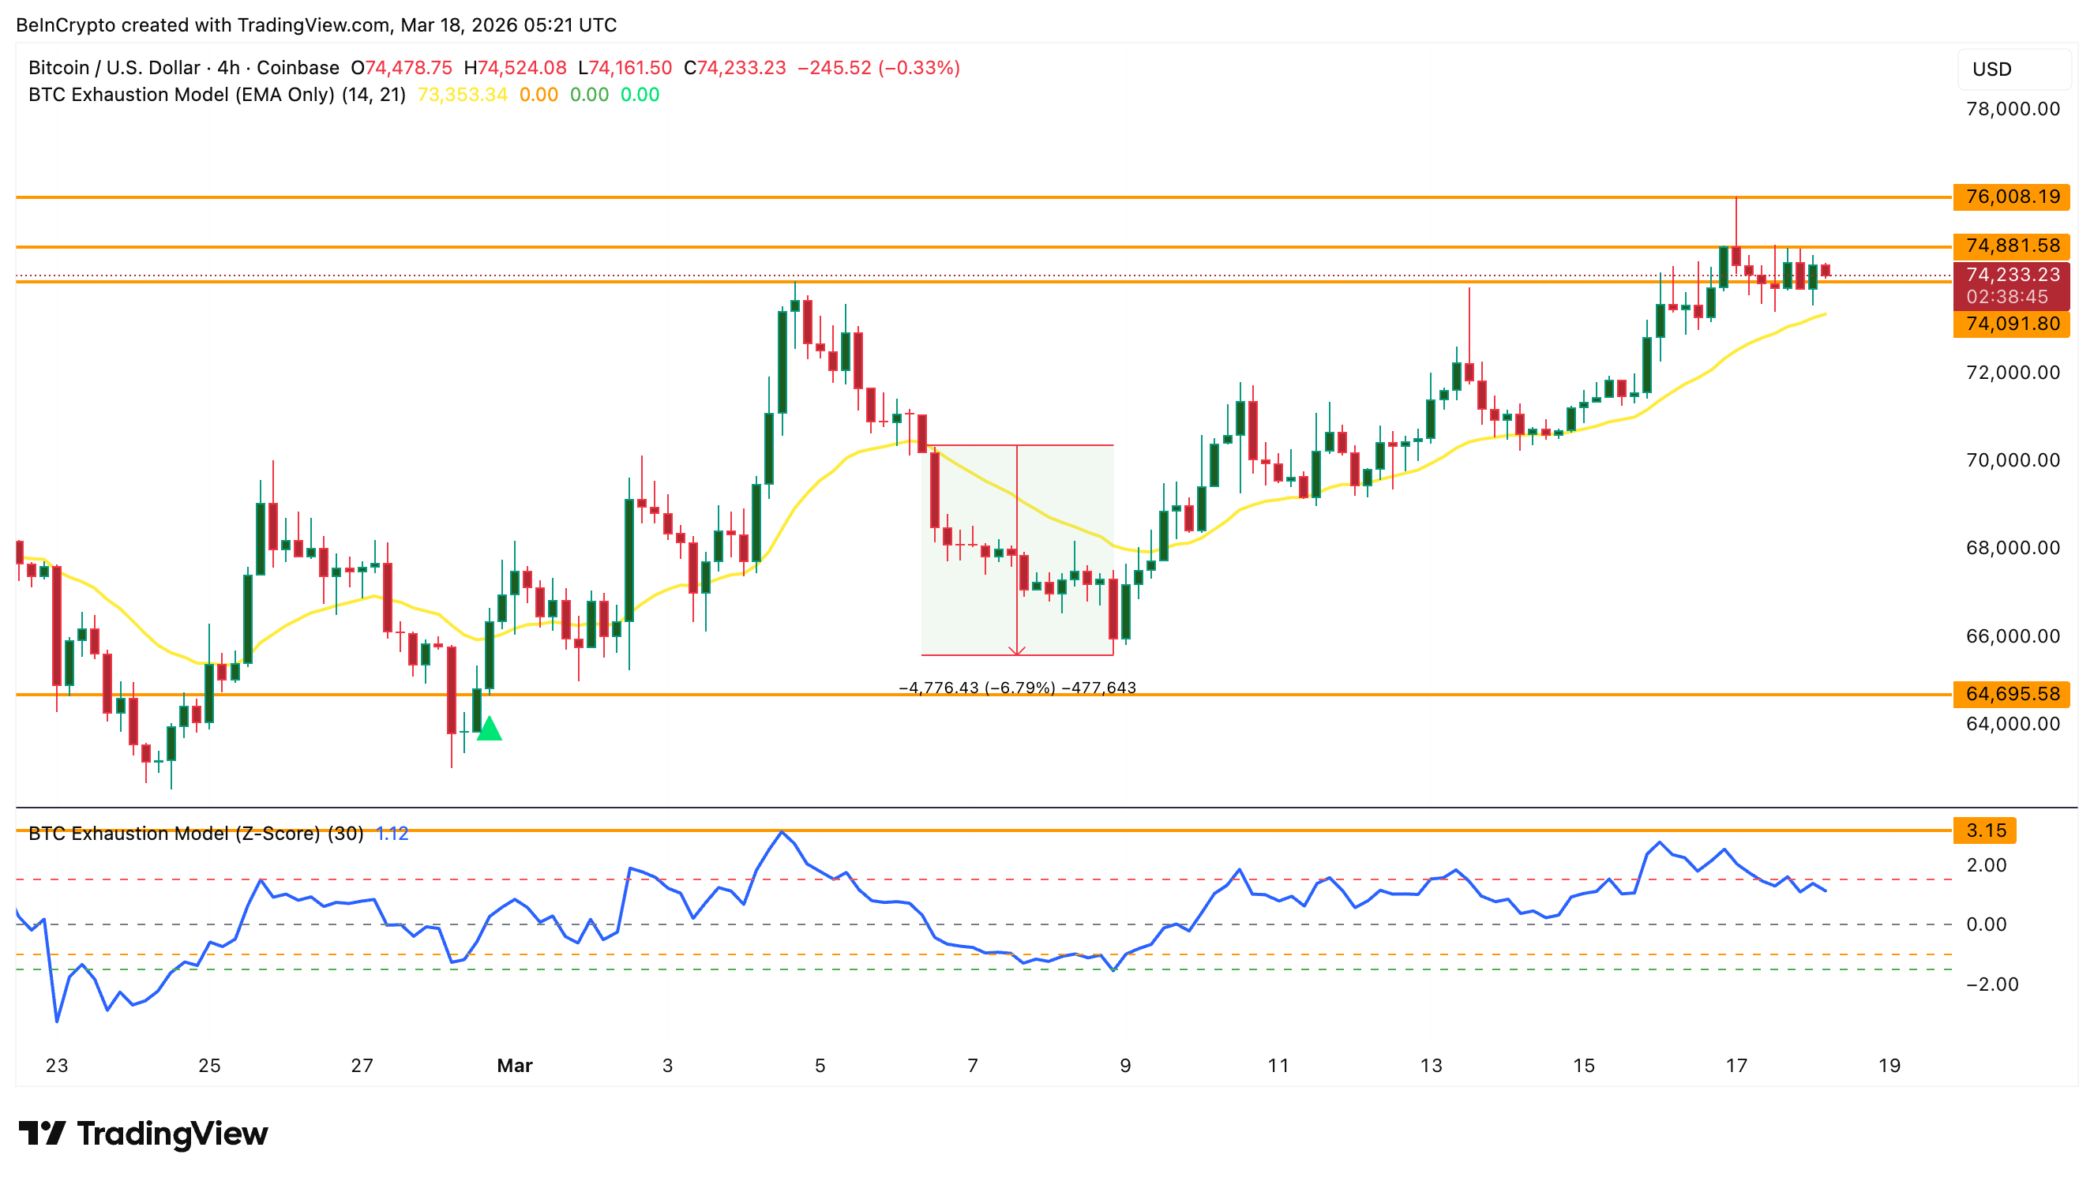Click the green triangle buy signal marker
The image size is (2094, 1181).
point(490,729)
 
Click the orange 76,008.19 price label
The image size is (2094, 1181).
point(2011,197)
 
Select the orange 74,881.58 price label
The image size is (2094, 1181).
point(2011,246)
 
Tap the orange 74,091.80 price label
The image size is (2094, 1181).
point(2011,324)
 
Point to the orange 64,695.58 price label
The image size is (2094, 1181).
point(2011,694)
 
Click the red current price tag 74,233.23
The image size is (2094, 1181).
point(2011,276)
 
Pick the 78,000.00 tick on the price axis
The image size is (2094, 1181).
point(2012,109)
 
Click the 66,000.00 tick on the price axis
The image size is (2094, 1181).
point(2012,635)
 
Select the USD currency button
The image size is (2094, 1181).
point(1991,69)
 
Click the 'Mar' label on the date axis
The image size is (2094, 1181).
point(515,1066)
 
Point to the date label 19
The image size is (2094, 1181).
point(1889,1066)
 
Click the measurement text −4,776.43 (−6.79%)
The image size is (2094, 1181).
point(976,688)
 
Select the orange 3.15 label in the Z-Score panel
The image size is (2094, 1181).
point(1985,830)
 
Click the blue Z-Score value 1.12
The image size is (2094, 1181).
point(392,834)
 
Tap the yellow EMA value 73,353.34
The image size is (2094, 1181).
point(462,95)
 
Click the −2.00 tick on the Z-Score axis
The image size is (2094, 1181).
point(1991,984)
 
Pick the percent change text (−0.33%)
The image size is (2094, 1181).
point(918,67)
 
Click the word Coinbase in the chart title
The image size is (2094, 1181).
point(298,67)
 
